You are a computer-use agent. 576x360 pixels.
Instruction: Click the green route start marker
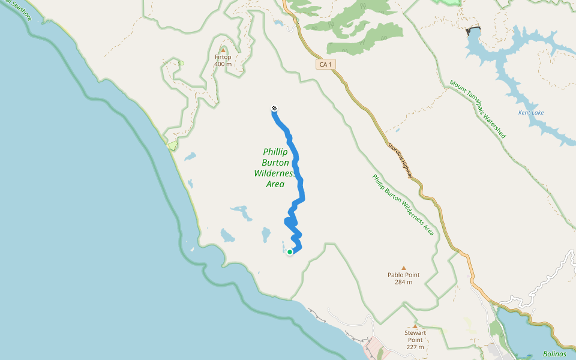click(290, 252)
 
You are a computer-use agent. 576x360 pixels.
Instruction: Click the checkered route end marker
click(274, 108)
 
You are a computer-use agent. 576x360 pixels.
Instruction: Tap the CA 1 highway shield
click(325, 64)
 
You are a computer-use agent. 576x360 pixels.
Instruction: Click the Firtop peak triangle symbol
click(223, 50)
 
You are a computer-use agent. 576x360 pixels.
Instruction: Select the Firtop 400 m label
click(223, 61)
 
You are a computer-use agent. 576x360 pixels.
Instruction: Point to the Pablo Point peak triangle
click(403, 268)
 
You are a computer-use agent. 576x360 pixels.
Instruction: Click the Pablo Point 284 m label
click(403, 278)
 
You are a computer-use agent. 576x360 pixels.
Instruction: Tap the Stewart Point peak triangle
click(415, 326)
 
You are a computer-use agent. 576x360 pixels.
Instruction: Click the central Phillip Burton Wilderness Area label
click(275, 168)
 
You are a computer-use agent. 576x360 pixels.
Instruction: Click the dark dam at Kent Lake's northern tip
click(473, 29)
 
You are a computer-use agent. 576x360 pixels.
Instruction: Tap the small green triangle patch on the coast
click(173, 145)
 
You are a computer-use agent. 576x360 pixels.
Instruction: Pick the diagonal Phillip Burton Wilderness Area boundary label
click(403, 205)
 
